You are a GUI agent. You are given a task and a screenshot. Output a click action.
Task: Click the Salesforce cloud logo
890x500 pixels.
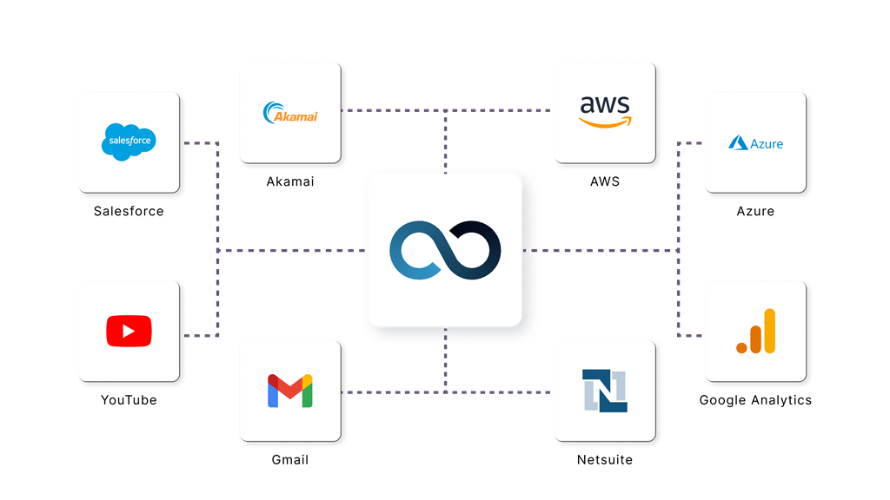pos(129,141)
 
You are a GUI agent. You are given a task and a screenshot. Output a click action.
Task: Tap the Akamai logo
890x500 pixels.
pos(290,112)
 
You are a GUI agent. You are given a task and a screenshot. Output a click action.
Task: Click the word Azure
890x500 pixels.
pos(767,143)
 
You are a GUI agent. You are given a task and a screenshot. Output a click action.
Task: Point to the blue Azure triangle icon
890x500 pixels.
pos(738,142)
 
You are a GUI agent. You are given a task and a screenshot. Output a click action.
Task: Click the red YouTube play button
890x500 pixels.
pos(129,331)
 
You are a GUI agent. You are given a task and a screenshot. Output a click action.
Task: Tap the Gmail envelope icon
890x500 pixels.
pos(290,391)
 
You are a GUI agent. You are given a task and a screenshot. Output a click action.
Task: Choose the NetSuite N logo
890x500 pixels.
pos(605,391)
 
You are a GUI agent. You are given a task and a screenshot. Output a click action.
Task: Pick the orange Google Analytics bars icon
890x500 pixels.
pos(755,332)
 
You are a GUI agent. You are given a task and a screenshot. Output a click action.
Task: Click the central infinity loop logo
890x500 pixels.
pos(445,250)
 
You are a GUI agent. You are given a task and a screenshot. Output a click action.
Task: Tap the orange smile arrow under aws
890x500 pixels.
pos(605,122)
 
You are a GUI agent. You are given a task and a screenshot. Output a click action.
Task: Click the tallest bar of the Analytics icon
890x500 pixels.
pos(769,331)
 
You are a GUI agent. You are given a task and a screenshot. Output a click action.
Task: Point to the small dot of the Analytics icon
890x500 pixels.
pos(742,347)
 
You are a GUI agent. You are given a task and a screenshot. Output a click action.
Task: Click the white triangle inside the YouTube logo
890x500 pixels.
pos(130,331)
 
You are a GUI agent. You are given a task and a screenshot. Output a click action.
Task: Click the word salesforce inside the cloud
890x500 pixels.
pos(129,140)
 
